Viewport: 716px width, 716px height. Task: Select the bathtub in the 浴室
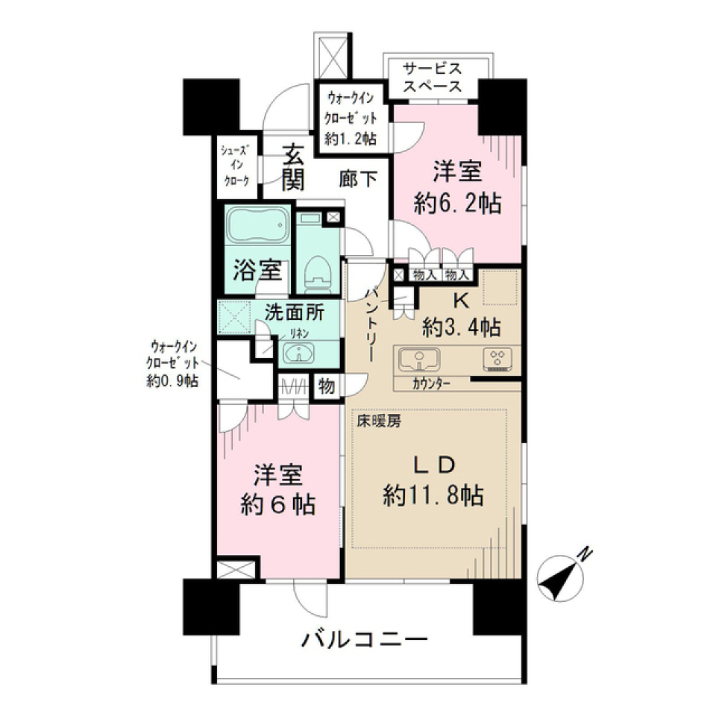(257, 227)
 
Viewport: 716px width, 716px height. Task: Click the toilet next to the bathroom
(317, 274)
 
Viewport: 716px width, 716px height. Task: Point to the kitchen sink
(421, 361)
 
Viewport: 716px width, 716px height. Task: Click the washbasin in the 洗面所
(301, 354)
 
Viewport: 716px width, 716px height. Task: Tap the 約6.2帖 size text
(458, 203)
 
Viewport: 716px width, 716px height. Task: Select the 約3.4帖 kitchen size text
(461, 326)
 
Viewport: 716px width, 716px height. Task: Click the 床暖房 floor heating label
(378, 421)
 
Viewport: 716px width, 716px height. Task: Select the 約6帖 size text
(277, 506)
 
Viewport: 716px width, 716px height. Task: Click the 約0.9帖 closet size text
(173, 382)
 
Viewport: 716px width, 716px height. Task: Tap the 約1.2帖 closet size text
(351, 138)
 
